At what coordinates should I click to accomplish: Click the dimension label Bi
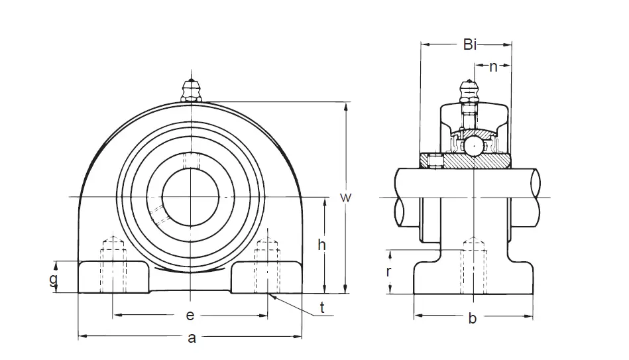coord(469,45)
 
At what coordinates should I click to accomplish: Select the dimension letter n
coord(493,66)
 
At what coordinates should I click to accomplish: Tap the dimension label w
coord(345,198)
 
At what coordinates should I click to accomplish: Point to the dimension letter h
coord(321,245)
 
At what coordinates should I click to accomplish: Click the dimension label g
coord(54,278)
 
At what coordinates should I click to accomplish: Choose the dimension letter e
coord(190,314)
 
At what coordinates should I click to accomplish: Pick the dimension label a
coord(192,338)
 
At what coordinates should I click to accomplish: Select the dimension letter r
coord(390,271)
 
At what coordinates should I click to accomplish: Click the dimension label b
coord(473,319)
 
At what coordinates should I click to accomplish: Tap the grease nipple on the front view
coord(191,90)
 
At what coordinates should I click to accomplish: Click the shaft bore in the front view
coord(191,197)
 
